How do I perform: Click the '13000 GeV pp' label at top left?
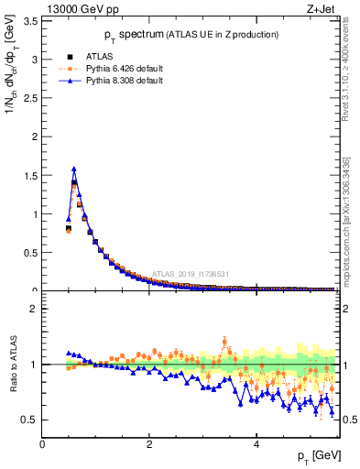[82, 9]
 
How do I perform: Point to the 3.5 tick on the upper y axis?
[30, 20]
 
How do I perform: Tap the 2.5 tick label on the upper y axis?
[30, 98]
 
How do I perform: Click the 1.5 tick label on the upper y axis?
[30, 176]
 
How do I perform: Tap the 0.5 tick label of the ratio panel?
[30, 420]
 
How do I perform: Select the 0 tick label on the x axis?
[42, 444]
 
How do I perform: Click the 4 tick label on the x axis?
[256, 444]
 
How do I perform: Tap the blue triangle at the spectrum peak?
[73, 169]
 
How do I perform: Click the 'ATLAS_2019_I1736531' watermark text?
[190, 273]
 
